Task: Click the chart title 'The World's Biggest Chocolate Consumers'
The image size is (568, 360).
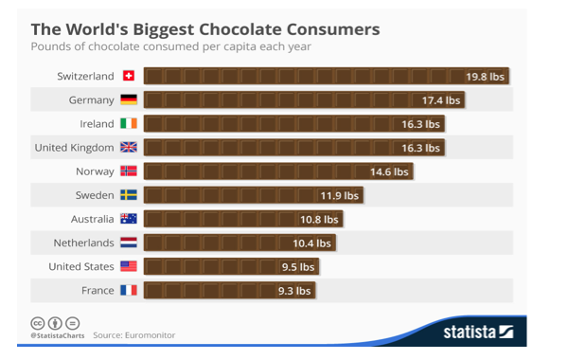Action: (x=205, y=28)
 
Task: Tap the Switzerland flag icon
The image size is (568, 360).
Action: (x=129, y=76)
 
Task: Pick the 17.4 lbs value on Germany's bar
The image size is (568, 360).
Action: (x=441, y=99)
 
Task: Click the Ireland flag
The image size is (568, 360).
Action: (x=129, y=123)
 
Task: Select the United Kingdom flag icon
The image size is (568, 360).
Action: (x=129, y=147)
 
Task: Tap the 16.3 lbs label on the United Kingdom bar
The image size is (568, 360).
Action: (x=421, y=148)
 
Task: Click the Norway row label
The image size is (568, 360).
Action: (x=95, y=171)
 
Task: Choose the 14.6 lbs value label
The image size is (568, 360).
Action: (x=389, y=171)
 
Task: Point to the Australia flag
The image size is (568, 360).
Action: (x=129, y=219)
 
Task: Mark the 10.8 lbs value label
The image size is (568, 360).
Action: (x=319, y=219)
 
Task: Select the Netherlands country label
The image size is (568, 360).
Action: (x=83, y=243)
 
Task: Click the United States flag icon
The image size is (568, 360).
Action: (x=129, y=266)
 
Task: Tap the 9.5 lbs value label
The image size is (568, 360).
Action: (x=297, y=267)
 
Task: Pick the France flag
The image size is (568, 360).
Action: (x=129, y=290)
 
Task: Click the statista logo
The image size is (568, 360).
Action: (x=478, y=332)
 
